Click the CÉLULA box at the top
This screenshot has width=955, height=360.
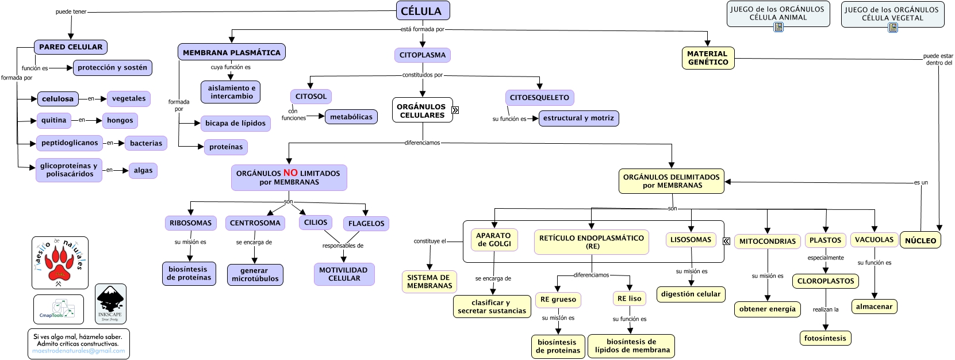pos(423,11)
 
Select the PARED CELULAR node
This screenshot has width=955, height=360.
pos(71,47)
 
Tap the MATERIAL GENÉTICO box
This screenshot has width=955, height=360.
pos(708,58)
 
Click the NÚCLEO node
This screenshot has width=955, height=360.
pos(921,240)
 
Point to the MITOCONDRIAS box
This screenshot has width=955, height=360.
pos(768,241)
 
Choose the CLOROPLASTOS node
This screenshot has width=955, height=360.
pos(826,281)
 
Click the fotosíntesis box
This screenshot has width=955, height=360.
pos(825,338)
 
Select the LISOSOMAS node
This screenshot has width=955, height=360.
pos(691,240)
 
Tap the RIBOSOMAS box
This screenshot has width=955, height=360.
pos(190,223)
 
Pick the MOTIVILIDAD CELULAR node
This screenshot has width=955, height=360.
pos(344,274)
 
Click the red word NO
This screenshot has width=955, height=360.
pos(290,173)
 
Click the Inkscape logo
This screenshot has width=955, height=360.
pos(110,303)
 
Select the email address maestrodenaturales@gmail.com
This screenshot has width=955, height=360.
pos(79,351)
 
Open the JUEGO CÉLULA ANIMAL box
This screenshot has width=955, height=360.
pos(778,14)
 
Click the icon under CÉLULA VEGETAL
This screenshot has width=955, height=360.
pos(892,28)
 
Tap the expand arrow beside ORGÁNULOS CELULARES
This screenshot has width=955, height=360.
pos(455,110)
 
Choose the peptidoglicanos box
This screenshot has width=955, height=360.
pos(70,143)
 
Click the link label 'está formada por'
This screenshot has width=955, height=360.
pos(422,29)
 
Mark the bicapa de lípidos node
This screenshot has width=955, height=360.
pos(236,123)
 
